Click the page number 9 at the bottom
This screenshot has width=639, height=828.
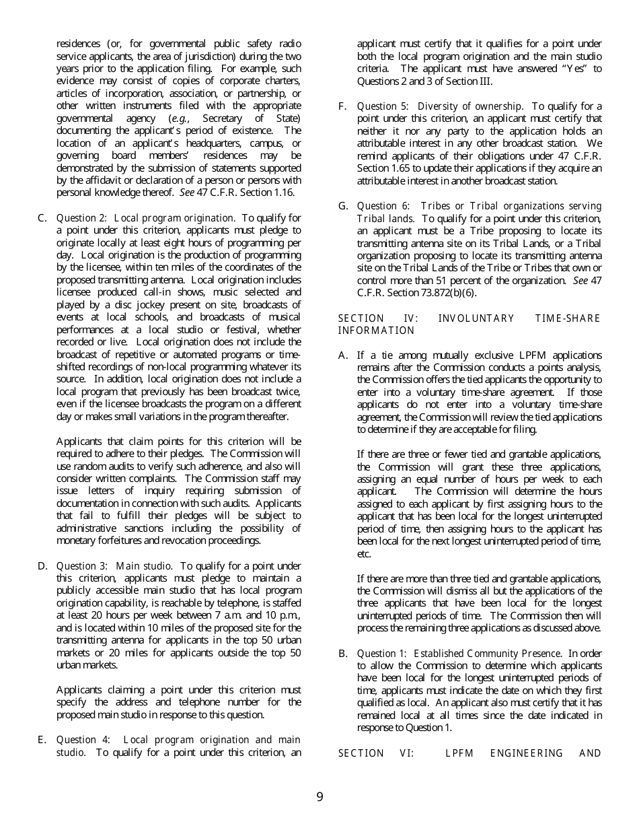coord(319,797)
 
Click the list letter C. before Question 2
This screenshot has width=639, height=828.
coord(42,217)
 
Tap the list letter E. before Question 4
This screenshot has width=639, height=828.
coord(42,739)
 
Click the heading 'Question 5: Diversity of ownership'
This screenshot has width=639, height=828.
coord(440,106)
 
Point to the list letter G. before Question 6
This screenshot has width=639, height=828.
coord(343,205)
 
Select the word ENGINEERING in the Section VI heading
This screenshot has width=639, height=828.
coord(526,753)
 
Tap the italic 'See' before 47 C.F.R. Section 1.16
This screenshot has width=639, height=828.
coord(186,193)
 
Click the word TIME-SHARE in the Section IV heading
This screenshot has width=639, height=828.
coord(567,318)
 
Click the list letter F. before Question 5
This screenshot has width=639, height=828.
coord(342,106)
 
